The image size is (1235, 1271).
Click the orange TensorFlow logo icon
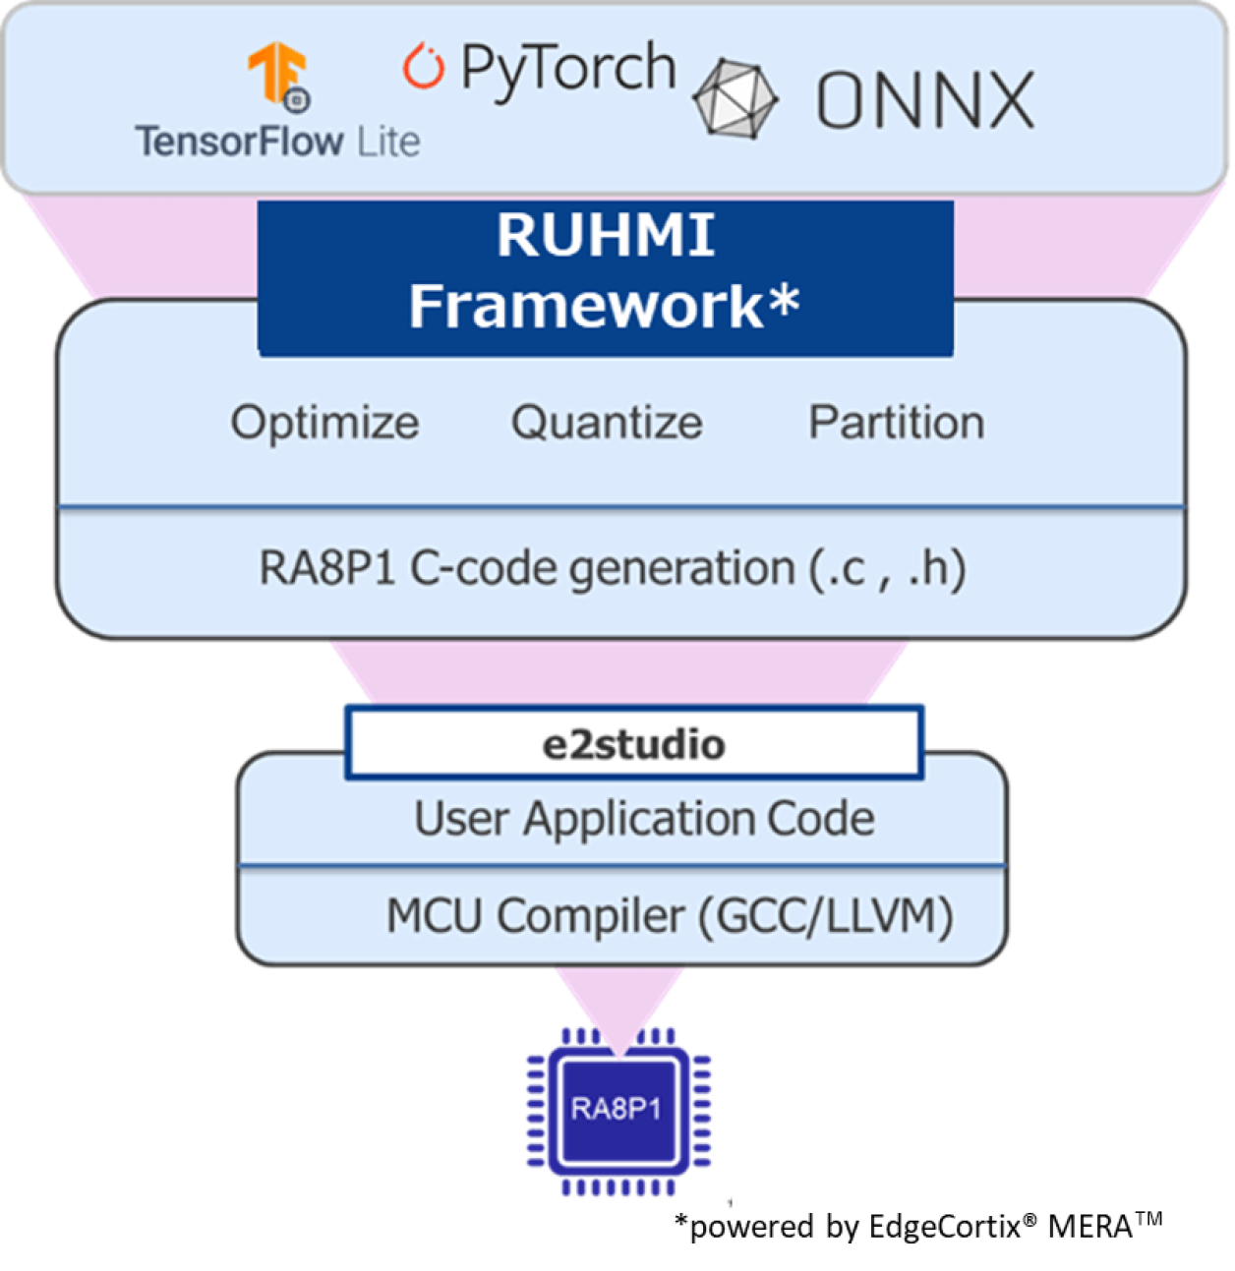278,75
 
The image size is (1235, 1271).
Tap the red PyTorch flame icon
424,67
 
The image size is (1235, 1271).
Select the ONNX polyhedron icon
735,99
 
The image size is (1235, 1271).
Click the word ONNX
925,100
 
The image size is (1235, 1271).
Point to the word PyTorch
568,69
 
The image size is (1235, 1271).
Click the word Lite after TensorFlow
388,143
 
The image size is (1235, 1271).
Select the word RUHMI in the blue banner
605,236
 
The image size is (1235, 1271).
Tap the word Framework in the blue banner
586,306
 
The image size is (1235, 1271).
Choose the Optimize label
324,423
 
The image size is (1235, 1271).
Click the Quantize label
607,423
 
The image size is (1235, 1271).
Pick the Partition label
896,423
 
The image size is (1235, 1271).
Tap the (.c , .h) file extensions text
886,568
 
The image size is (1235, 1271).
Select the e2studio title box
633,744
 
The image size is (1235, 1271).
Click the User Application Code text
644,819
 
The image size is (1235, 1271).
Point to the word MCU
435,916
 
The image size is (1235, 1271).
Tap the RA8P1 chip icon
617,1110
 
